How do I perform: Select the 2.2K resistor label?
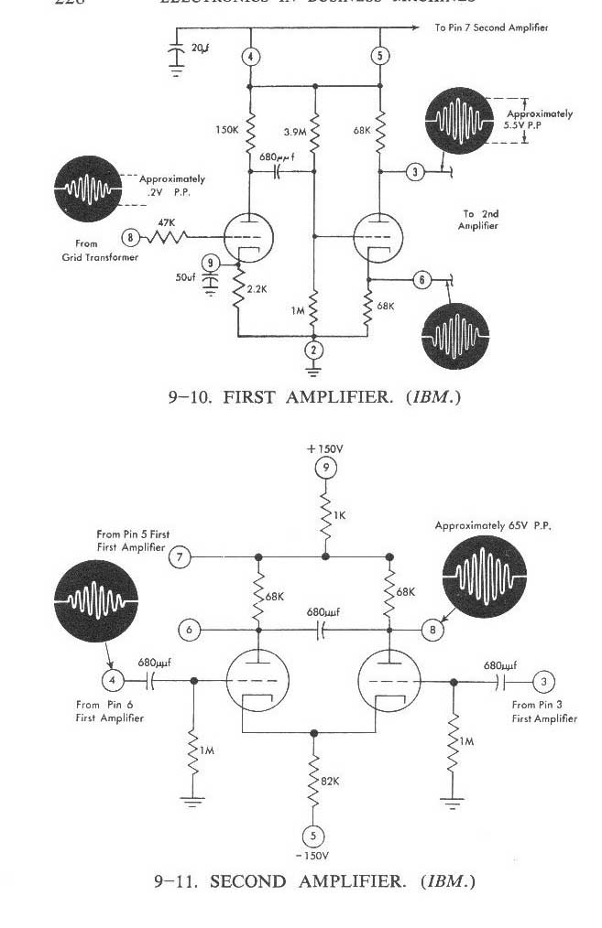pos(258,288)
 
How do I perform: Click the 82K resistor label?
pos(331,781)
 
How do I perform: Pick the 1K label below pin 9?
pos(339,515)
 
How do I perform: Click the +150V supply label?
pos(324,449)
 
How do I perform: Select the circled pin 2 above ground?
pos(314,349)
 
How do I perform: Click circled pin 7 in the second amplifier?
pos(180,556)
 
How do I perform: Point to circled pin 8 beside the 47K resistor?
pos(131,237)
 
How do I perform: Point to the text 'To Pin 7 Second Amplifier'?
pos(491,27)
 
